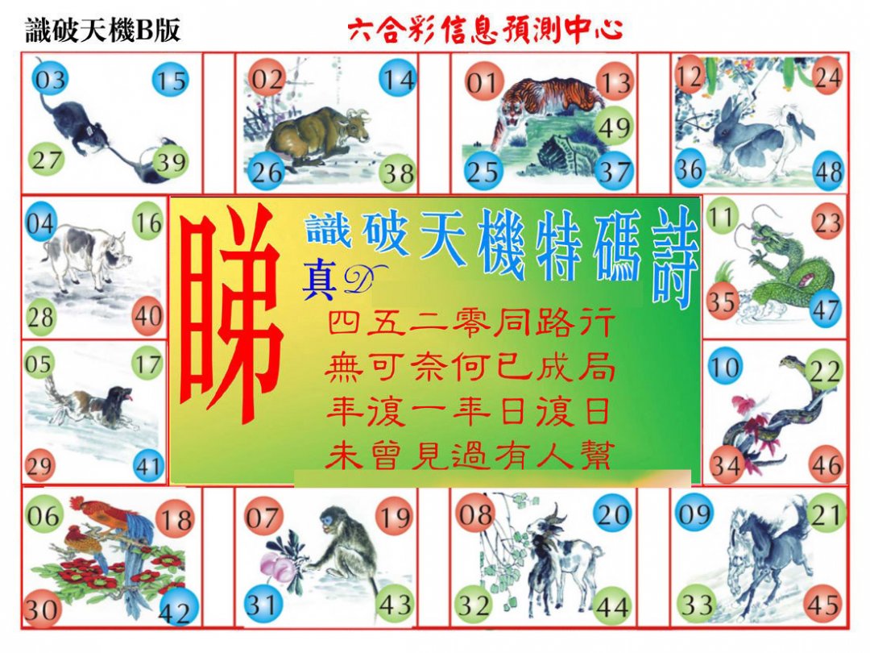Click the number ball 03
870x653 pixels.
coord(50,81)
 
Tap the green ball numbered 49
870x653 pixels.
coord(616,126)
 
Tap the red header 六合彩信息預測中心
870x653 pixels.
coord(485,31)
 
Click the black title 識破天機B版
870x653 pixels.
coord(102,30)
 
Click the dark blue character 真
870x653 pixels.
coord(319,282)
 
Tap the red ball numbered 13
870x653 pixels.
coord(615,81)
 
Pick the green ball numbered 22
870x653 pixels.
coord(823,372)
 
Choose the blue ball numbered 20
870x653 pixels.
coord(612,514)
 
